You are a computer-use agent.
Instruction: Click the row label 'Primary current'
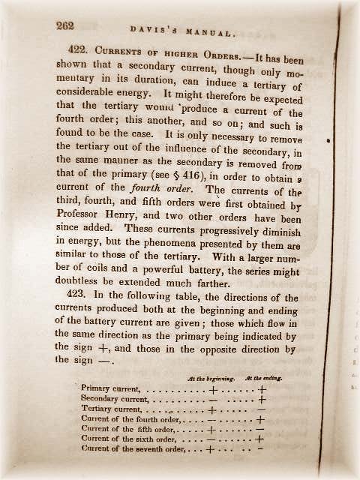coord(111,389)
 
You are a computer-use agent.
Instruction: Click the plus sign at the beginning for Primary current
coord(213,390)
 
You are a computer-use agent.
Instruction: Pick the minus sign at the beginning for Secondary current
coord(212,400)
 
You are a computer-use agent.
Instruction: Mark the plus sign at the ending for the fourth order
coord(260,420)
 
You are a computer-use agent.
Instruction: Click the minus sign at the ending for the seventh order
coord(259,450)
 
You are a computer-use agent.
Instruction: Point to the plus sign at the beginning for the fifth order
coord(211,430)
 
